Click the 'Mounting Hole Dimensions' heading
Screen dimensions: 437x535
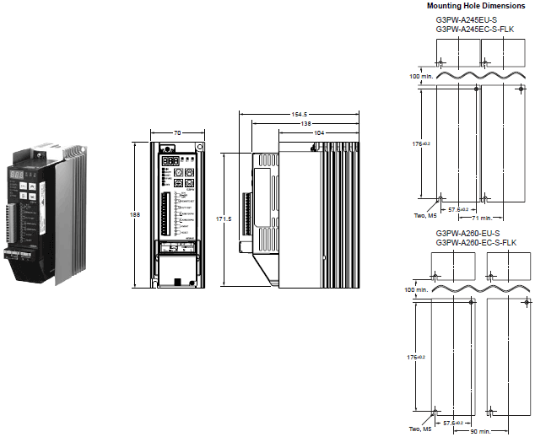pyautogui.click(x=477, y=5)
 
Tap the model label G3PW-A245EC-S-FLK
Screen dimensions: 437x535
pyautogui.click(x=476, y=30)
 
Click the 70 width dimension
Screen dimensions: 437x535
pyautogui.click(x=177, y=133)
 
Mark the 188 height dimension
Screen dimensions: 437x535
pyautogui.click(x=137, y=214)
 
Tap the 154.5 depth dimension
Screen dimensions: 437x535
pyautogui.click(x=300, y=114)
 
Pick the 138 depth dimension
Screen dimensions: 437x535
pyautogui.click(x=306, y=123)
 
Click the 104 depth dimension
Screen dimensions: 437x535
pyautogui.click(x=318, y=133)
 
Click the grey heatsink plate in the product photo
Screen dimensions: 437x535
pyautogui.click(x=72, y=219)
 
